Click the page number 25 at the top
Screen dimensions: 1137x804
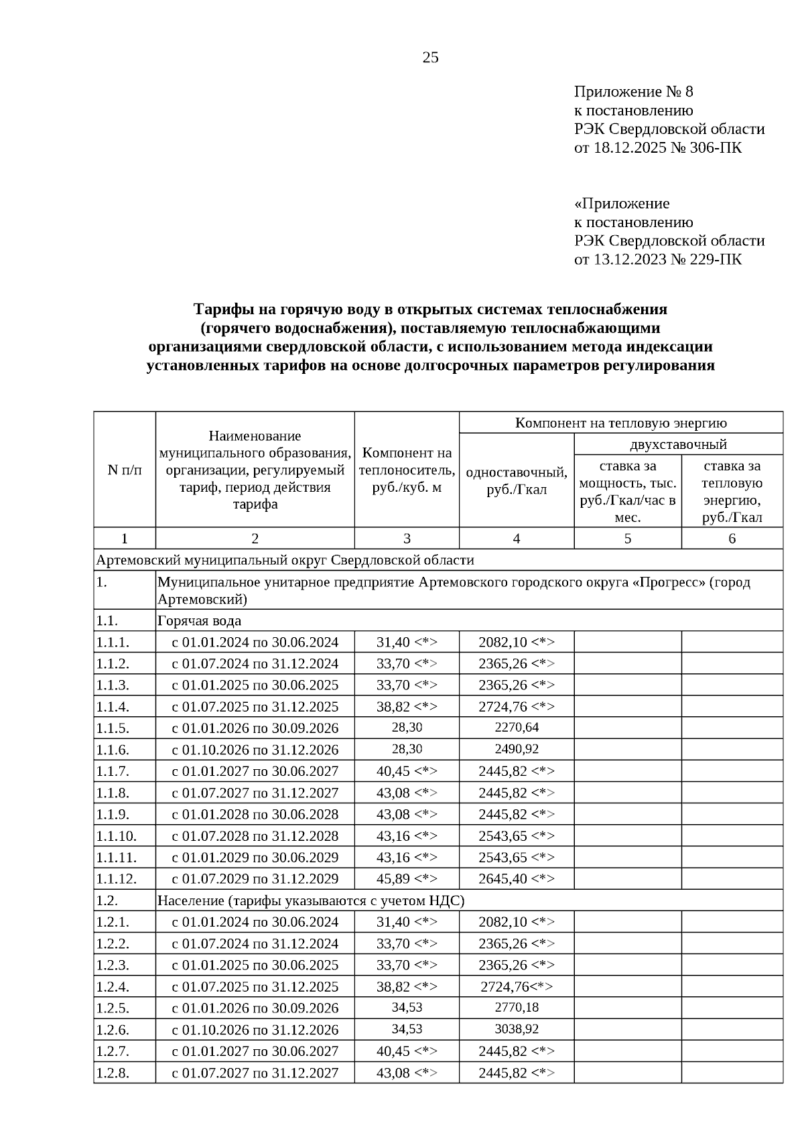(430, 58)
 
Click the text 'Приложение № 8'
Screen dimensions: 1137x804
(633, 92)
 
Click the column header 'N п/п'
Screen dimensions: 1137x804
(125, 470)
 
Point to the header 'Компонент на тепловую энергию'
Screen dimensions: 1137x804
(620, 423)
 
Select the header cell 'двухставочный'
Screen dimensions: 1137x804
(678, 444)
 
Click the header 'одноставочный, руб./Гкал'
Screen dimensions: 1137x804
(516, 481)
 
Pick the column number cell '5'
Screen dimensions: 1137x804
(627, 539)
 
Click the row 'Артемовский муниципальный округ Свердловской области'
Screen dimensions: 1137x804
(285, 560)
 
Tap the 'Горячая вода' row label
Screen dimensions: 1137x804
(199, 620)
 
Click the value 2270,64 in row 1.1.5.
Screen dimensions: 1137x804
(517, 728)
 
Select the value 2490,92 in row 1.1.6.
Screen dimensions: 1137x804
(517, 749)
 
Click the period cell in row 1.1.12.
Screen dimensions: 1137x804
(255, 878)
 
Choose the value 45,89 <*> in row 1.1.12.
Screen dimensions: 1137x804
(407, 878)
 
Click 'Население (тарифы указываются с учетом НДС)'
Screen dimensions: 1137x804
(311, 900)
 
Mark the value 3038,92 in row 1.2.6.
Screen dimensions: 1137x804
(517, 1029)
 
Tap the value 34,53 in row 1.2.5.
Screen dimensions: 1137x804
(407, 1008)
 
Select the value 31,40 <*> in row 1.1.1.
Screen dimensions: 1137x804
(407, 642)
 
